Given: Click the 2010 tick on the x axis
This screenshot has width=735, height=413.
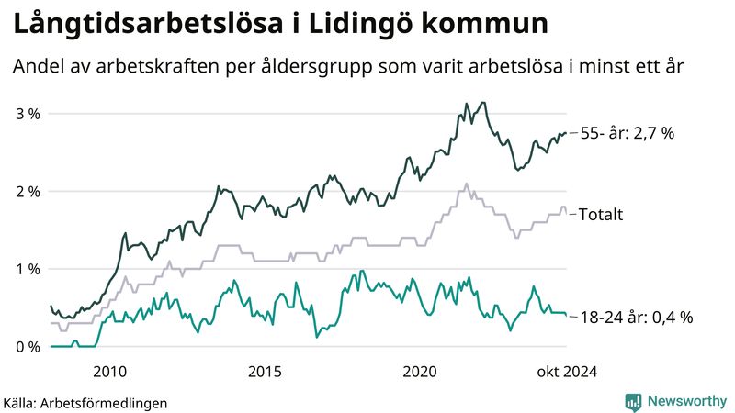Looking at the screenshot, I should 109,371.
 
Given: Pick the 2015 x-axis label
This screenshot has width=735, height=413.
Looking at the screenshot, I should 265,371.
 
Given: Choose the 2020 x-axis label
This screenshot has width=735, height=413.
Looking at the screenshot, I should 420,371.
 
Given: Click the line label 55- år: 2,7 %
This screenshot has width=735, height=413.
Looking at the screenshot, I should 628,133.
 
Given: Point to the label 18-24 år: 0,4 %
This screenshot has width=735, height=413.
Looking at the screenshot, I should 637,318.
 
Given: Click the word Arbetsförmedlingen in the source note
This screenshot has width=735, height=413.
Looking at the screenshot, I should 109,402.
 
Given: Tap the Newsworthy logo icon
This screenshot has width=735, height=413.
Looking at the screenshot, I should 633,401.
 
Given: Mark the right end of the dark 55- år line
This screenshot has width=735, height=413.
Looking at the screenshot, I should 565,133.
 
